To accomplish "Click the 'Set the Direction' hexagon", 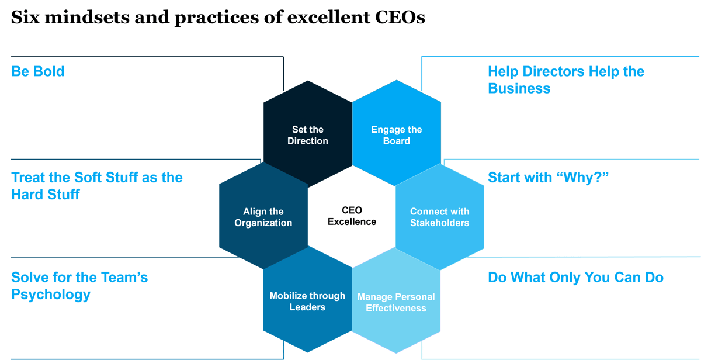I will click(x=308, y=135).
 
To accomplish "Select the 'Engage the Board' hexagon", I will click(x=397, y=135).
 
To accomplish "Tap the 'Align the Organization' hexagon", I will click(x=263, y=217).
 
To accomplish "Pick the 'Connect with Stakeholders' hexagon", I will click(x=439, y=217).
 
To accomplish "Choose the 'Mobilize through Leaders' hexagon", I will click(x=307, y=301).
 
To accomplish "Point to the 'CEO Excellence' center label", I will click(x=352, y=216).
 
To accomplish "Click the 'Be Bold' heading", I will click(x=38, y=72).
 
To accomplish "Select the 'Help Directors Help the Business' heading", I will click(x=565, y=80).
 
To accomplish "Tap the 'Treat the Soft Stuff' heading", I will click(x=96, y=186).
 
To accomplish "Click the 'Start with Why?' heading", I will click(x=548, y=177).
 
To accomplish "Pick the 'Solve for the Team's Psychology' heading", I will click(x=79, y=285).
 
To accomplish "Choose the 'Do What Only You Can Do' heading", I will click(x=575, y=277).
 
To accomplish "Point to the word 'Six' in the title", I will click(x=24, y=18).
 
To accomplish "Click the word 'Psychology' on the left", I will click(x=51, y=294).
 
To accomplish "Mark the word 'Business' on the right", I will click(x=519, y=89).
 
